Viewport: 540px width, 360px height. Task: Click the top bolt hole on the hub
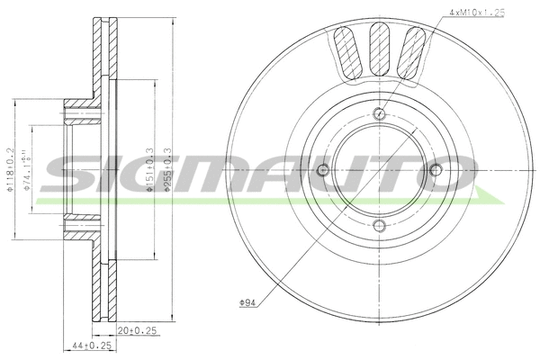click(379, 113)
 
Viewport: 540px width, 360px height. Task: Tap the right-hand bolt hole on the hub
click(436, 170)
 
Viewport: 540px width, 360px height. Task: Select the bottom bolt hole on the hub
click(379, 226)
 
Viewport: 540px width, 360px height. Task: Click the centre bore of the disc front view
click(379, 170)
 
